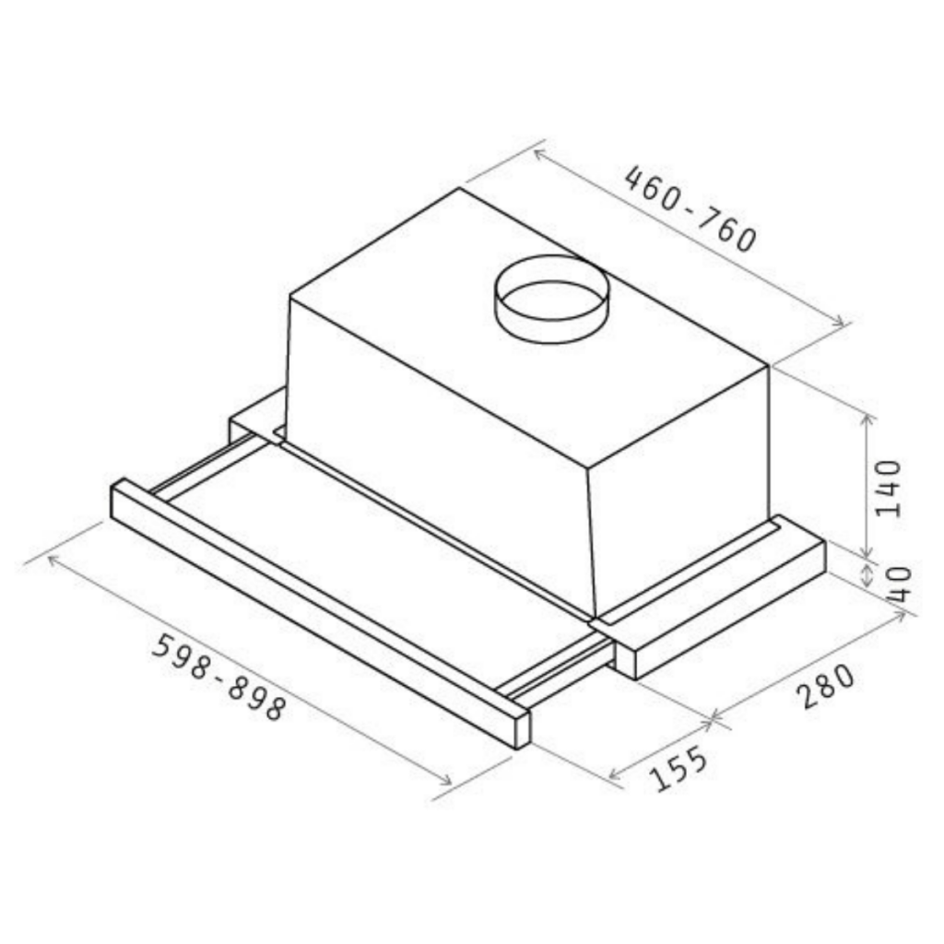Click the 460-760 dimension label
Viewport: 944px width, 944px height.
690,208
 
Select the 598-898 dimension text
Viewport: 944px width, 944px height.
218,677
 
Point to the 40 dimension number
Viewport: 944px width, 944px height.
900,585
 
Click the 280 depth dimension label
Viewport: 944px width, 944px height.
826,686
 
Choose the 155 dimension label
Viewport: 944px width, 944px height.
680,768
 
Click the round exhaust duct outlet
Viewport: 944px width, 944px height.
551,300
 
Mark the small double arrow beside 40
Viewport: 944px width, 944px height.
867,575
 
